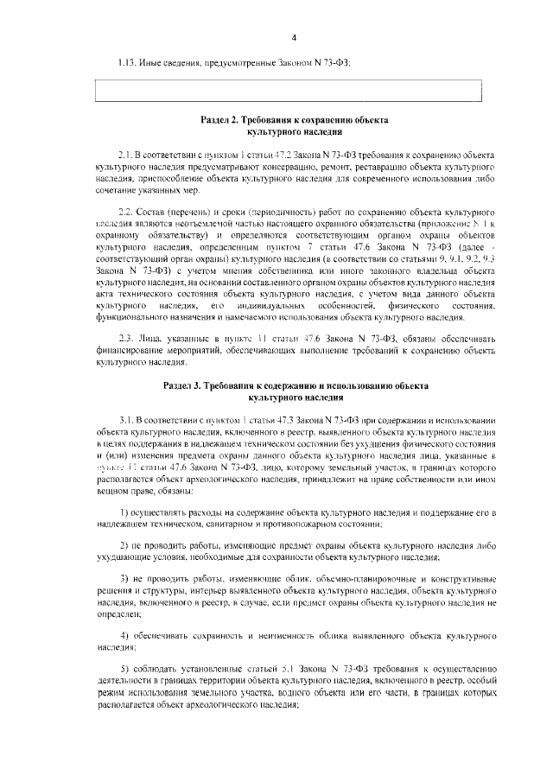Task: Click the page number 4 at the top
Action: (294, 38)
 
